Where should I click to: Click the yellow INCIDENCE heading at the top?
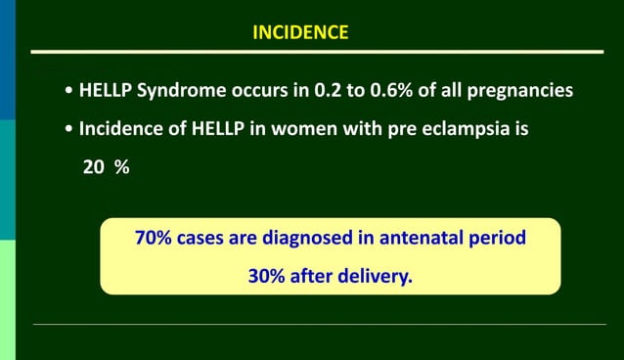pos(299,32)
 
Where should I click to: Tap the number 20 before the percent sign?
pos(94,167)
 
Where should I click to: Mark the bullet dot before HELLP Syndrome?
pos(67,92)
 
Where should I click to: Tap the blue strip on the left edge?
pos(7,59)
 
